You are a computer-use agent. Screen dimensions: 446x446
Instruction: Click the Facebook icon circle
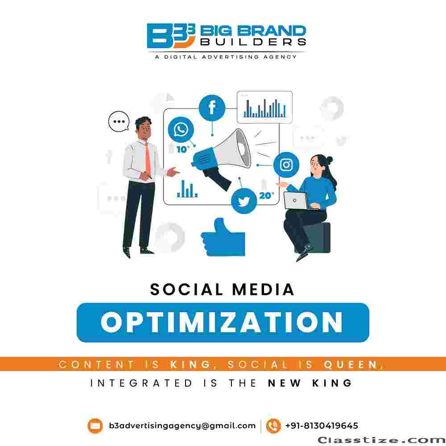(212, 108)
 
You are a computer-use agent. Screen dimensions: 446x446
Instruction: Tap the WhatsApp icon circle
(181, 130)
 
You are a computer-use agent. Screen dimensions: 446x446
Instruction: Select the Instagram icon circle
(286, 165)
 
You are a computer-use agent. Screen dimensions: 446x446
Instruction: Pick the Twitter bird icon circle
(244, 201)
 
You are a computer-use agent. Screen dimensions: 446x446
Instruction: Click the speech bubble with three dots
(119, 121)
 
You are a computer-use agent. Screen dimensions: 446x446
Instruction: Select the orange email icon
(95, 426)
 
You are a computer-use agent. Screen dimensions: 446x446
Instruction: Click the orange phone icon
(273, 426)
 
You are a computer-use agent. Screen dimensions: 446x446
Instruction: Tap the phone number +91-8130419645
(322, 425)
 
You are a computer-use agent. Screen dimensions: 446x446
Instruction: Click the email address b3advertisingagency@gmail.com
(182, 426)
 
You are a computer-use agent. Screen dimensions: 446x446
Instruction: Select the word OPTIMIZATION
(222, 322)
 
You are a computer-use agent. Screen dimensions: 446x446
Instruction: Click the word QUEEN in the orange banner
(351, 364)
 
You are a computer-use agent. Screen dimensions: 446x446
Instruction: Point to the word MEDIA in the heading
(263, 289)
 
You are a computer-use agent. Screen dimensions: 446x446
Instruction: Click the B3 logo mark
(171, 36)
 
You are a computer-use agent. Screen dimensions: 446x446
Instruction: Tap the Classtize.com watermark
(382, 440)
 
